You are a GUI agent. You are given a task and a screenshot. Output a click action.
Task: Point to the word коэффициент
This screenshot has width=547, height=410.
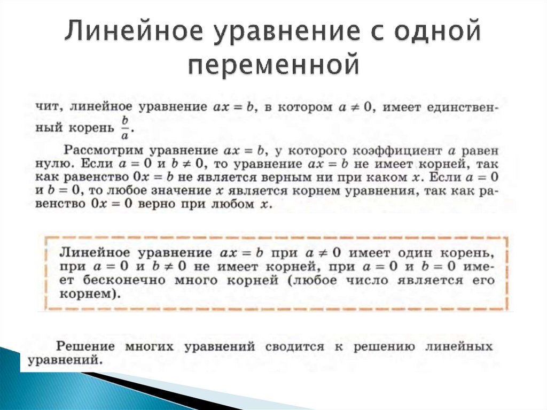[397, 150]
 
